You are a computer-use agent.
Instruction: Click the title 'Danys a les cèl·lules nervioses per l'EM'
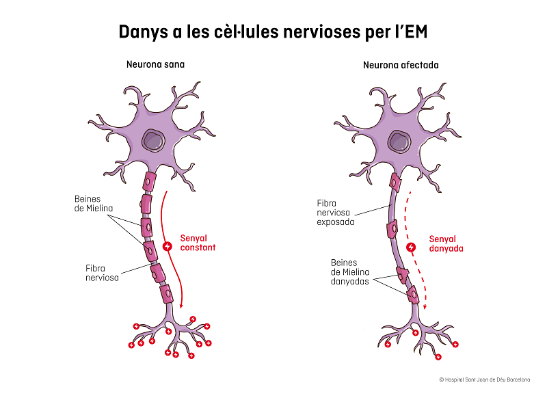273,31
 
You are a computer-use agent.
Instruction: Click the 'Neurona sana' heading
155,64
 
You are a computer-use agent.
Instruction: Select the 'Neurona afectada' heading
401,65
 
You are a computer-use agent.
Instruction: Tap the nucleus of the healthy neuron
153,141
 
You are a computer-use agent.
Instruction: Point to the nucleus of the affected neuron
399,142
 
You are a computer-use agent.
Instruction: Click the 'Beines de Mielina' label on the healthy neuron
94,204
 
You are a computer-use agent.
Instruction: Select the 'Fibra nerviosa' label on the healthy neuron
102,273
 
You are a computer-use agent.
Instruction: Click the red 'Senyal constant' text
198,243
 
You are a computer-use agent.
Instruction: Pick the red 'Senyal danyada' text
446,244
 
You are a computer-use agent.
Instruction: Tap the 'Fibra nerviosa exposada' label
335,213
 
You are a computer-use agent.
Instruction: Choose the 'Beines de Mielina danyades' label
350,272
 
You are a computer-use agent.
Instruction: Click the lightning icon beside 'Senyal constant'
167,247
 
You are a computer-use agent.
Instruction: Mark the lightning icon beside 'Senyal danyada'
411,248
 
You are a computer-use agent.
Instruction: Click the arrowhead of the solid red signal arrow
181,306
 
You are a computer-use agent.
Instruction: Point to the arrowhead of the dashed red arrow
425,307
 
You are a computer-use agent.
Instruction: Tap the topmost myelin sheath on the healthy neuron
148,182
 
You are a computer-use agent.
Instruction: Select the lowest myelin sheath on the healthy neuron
166,294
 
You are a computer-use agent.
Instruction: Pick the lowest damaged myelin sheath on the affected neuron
414,295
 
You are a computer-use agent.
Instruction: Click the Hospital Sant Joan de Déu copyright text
485,379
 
